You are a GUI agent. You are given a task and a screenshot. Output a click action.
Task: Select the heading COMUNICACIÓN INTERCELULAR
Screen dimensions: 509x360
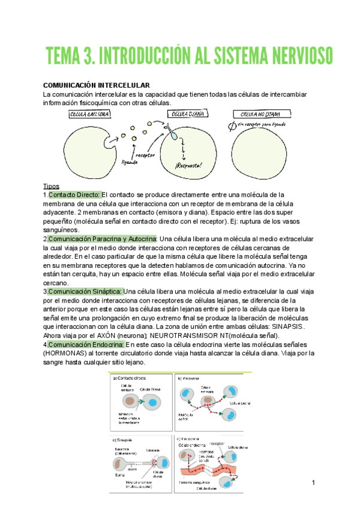tap(96, 86)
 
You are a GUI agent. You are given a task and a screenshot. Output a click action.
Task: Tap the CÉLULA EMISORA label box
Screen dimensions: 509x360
tap(89, 114)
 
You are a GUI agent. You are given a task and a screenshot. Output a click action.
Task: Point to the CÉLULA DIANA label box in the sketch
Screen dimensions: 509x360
tap(187, 114)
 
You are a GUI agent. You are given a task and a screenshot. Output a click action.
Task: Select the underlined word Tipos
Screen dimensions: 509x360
tap(52, 186)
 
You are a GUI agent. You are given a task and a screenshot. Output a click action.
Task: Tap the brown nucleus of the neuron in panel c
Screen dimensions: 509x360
tap(121, 463)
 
